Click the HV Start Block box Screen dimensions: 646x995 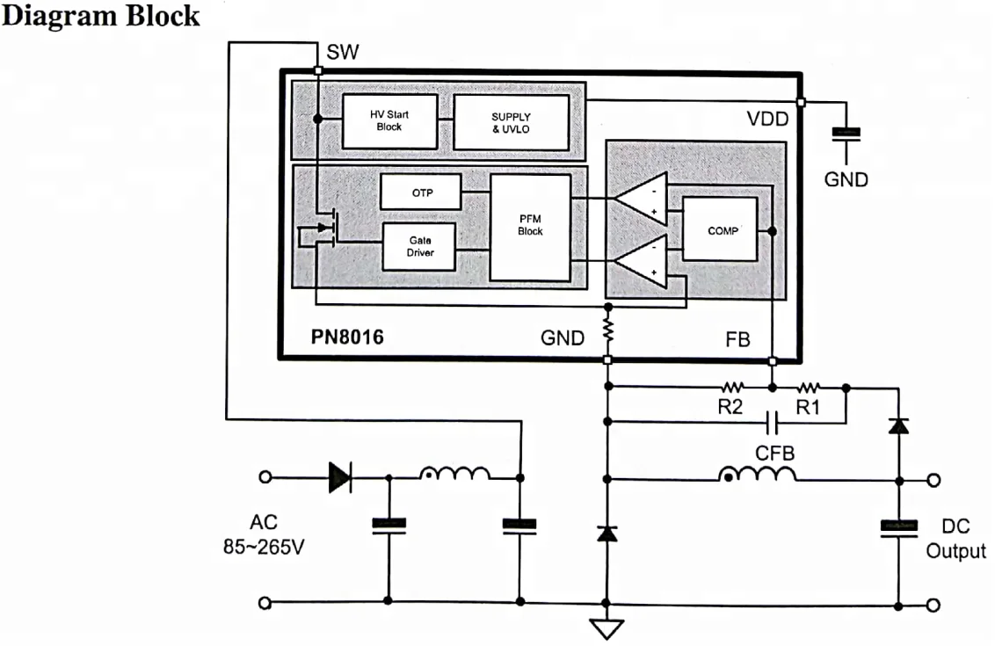[389, 120]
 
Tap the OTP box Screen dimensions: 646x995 [420, 192]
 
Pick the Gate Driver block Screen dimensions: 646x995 [419, 246]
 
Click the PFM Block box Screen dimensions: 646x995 [529, 227]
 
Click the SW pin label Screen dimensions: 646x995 [342, 53]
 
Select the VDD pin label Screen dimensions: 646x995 [767, 119]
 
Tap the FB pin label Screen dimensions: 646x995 [738, 338]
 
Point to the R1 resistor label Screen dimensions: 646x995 [808, 407]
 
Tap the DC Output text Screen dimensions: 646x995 [955, 539]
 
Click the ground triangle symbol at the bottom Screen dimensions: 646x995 [606, 629]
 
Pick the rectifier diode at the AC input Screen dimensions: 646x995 [339, 478]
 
